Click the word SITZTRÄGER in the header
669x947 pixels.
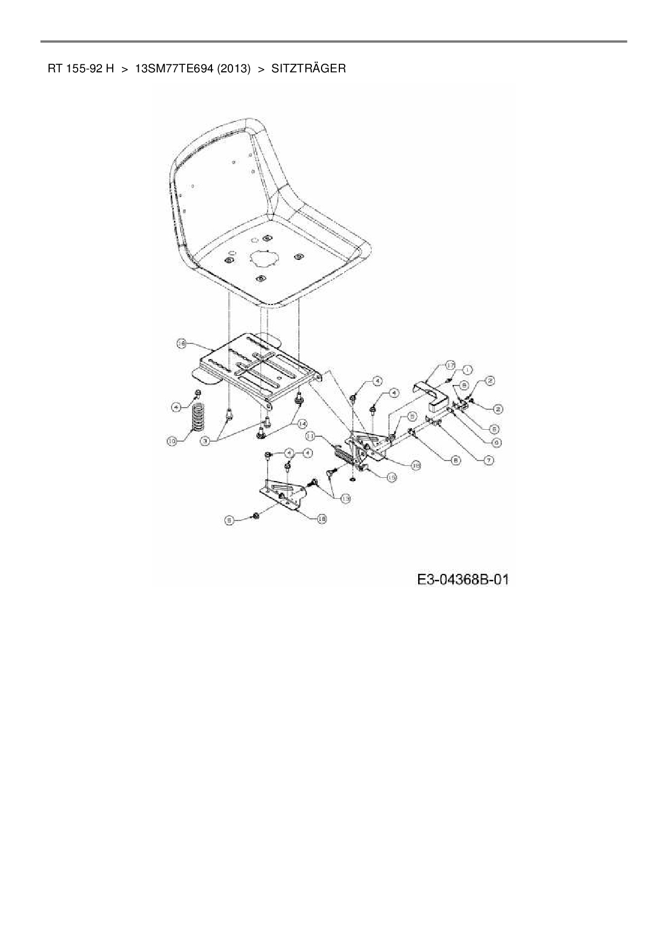tap(309, 69)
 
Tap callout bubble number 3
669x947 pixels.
tap(206, 441)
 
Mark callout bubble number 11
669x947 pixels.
tap(311, 435)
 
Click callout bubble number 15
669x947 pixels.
tap(392, 477)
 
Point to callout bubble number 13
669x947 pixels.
tap(344, 499)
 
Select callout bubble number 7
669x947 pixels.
tap(489, 460)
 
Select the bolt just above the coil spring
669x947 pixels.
tap(197, 393)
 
